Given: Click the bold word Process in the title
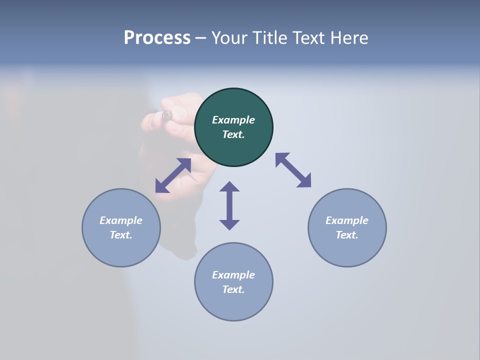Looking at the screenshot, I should [x=157, y=37].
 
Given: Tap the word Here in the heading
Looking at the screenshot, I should [x=349, y=37].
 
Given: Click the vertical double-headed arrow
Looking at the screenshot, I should [x=229, y=205].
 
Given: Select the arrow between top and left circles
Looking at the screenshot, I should [x=173, y=175].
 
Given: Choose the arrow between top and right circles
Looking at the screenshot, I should [x=293, y=170].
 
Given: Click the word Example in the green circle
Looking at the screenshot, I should [x=233, y=120].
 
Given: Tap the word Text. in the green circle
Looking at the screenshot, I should [x=233, y=134].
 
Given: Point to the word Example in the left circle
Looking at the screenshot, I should [x=121, y=220].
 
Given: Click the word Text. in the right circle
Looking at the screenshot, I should [x=347, y=235].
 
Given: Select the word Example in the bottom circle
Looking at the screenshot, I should [x=233, y=275].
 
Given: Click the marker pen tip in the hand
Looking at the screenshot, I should [x=167, y=115].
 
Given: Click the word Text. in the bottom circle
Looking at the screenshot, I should [x=233, y=289].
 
